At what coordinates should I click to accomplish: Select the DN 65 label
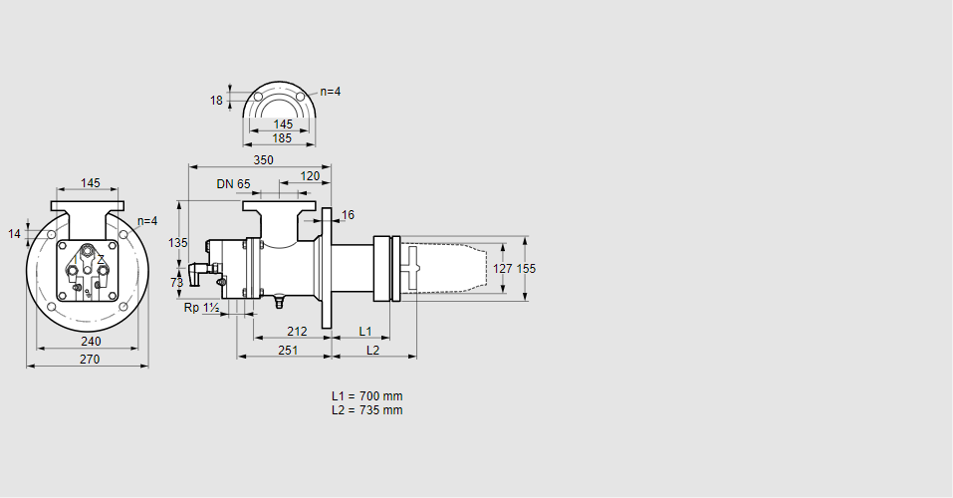click(x=233, y=184)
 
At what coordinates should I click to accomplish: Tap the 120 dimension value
click(x=310, y=176)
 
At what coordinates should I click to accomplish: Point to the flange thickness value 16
click(x=348, y=215)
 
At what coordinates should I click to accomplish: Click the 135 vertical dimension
click(x=177, y=243)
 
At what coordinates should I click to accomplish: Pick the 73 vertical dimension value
click(x=177, y=283)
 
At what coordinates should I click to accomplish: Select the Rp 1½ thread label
click(x=201, y=309)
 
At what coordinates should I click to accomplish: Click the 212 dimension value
click(x=297, y=331)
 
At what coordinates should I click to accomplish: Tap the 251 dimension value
click(x=288, y=351)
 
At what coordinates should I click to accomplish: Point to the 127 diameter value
click(x=503, y=268)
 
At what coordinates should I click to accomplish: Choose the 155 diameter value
click(x=526, y=268)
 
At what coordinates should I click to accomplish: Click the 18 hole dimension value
click(x=216, y=100)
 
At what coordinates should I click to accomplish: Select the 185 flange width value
click(x=283, y=138)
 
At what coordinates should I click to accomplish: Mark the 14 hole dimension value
click(x=14, y=234)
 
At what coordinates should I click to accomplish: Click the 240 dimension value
click(x=91, y=342)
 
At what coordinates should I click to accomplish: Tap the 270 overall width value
click(x=89, y=360)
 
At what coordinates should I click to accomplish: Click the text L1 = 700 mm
click(x=366, y=396)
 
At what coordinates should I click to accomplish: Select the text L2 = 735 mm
click(x=366, y=410)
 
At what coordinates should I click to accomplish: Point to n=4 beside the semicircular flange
click(x=330, y=92)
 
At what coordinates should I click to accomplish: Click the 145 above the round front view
click(x=90, y=183)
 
